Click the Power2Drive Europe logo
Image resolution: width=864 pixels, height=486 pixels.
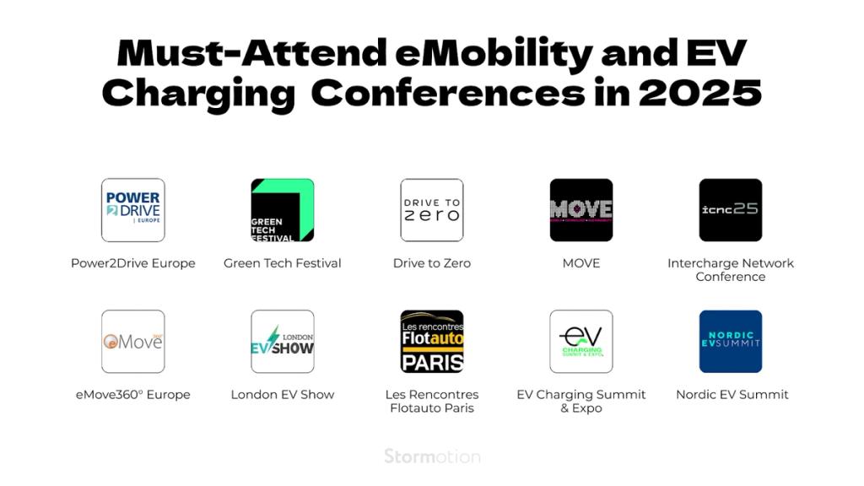coord(132,210)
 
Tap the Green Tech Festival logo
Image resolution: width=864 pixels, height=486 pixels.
coord(283,210)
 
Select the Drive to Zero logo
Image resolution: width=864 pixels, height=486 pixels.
coord(432,210)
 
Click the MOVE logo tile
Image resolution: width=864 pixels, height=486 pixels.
coord(581,210)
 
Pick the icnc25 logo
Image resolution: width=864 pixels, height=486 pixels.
coord(731,210)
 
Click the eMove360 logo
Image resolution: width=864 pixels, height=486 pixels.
coord(132,342)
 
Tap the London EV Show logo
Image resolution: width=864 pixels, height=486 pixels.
coord(283,342)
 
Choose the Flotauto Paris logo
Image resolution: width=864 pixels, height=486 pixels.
coord(432,342)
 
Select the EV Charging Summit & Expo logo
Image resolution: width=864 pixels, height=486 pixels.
coord(581,342)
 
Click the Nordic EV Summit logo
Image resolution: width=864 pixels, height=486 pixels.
coord(731,342)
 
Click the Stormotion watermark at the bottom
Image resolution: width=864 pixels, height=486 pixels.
coord(432,456)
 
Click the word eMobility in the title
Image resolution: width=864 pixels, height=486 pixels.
coord(494,54)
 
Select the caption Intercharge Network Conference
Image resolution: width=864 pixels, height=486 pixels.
coord(731,270)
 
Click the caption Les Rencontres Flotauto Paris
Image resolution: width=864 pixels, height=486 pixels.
coord(432,402)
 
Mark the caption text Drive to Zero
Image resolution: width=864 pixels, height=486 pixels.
coord(432,263)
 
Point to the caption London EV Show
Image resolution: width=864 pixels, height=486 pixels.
coord(283,395)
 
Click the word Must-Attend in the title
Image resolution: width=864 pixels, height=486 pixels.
coord(252,54)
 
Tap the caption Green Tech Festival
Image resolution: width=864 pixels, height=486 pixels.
coord(283,263)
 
